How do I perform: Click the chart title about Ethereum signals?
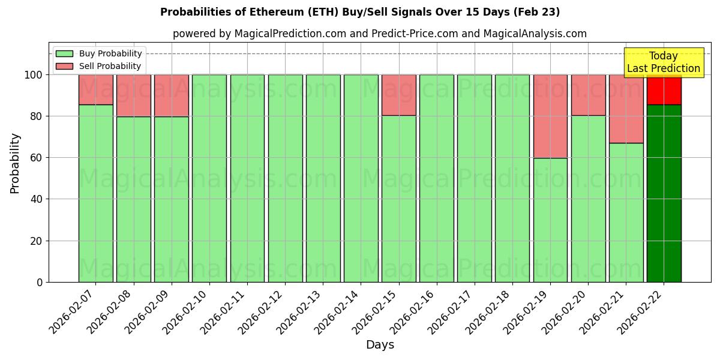(x=359, y=12)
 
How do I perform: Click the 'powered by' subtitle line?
(x=379, y=34)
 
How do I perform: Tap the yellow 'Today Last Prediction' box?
(x=663, y=62)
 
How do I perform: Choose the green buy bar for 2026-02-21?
(x=626, y=212)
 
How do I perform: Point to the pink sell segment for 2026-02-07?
(x=95, y=89)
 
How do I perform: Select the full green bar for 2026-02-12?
(x=285, y=178)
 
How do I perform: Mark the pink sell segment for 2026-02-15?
(x=398, y=95)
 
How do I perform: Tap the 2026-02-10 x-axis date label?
(x=186, y=312)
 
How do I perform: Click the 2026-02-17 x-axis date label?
(x=451, y=312)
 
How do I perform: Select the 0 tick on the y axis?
(x=40, y=282)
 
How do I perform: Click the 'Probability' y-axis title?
(x=15, y=163)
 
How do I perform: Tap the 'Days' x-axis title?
(x=380, y=345)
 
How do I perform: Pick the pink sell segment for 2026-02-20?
(x=588, y=95)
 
